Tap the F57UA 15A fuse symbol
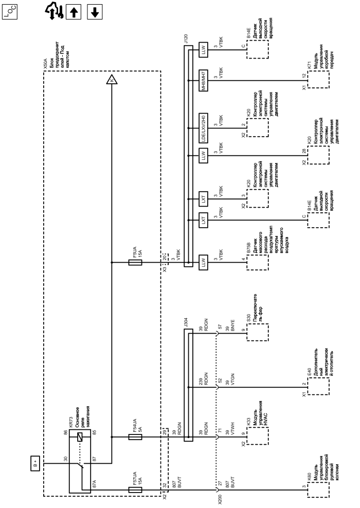click(x=135, y=490)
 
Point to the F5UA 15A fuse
click(x=135, y=262)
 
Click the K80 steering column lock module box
click(x=318, y=490)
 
